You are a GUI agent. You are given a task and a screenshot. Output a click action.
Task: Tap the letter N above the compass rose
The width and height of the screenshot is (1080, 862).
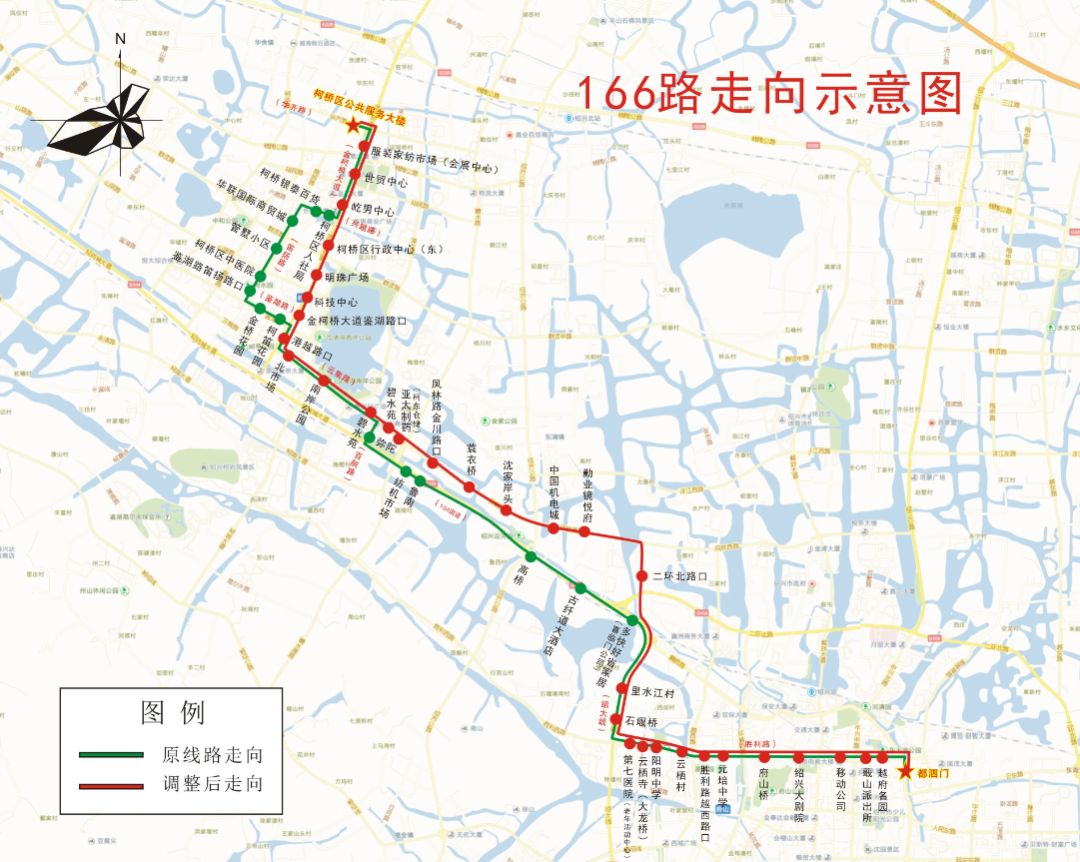point(120,39)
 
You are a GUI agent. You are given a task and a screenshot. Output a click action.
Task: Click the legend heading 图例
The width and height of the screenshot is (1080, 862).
point(172,712)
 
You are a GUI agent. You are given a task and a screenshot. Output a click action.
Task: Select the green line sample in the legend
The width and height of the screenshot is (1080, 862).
point(110,754)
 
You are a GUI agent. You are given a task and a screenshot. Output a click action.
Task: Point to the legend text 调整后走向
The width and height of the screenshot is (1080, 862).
point(212,784)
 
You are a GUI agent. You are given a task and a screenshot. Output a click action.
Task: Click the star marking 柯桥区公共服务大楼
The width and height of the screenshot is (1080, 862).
point(352,125)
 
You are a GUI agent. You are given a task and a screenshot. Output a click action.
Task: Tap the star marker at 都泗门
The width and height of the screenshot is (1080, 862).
point(905,771)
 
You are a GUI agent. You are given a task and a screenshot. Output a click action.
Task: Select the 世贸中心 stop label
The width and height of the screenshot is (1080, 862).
point(386,182)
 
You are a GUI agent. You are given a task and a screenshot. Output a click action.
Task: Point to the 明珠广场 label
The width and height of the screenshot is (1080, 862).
point(349,277)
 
